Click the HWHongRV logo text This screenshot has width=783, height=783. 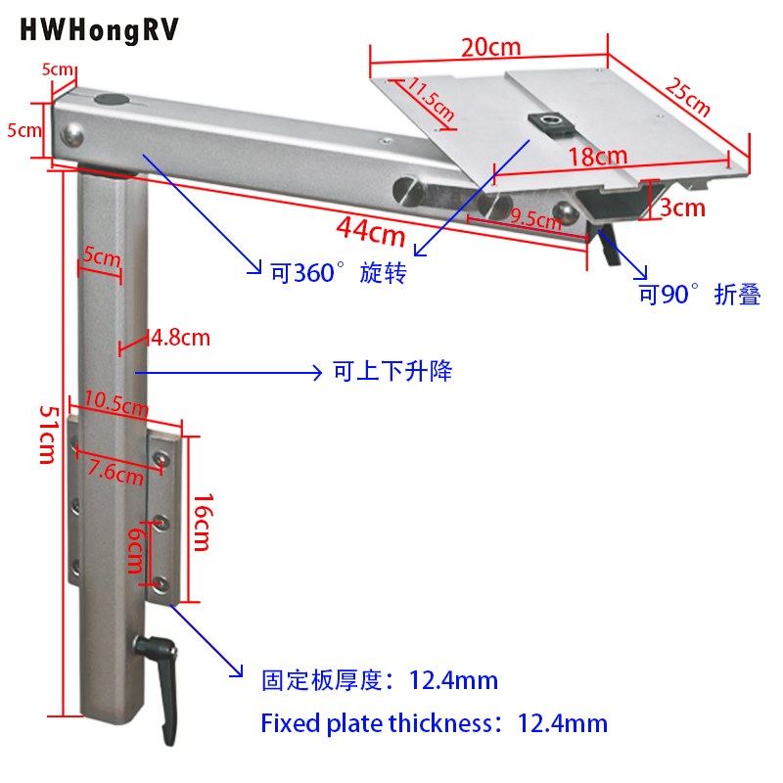[99, 30]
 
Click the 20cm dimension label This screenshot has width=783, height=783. [491, 47]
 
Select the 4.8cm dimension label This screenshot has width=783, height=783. [180, 339]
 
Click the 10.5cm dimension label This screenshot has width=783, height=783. [115, 400]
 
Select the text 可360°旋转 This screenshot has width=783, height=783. [338, 273]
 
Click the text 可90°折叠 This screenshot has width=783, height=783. [700, 295]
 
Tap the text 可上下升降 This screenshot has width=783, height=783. [391, 372]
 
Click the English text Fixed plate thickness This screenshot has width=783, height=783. [377, 723]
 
